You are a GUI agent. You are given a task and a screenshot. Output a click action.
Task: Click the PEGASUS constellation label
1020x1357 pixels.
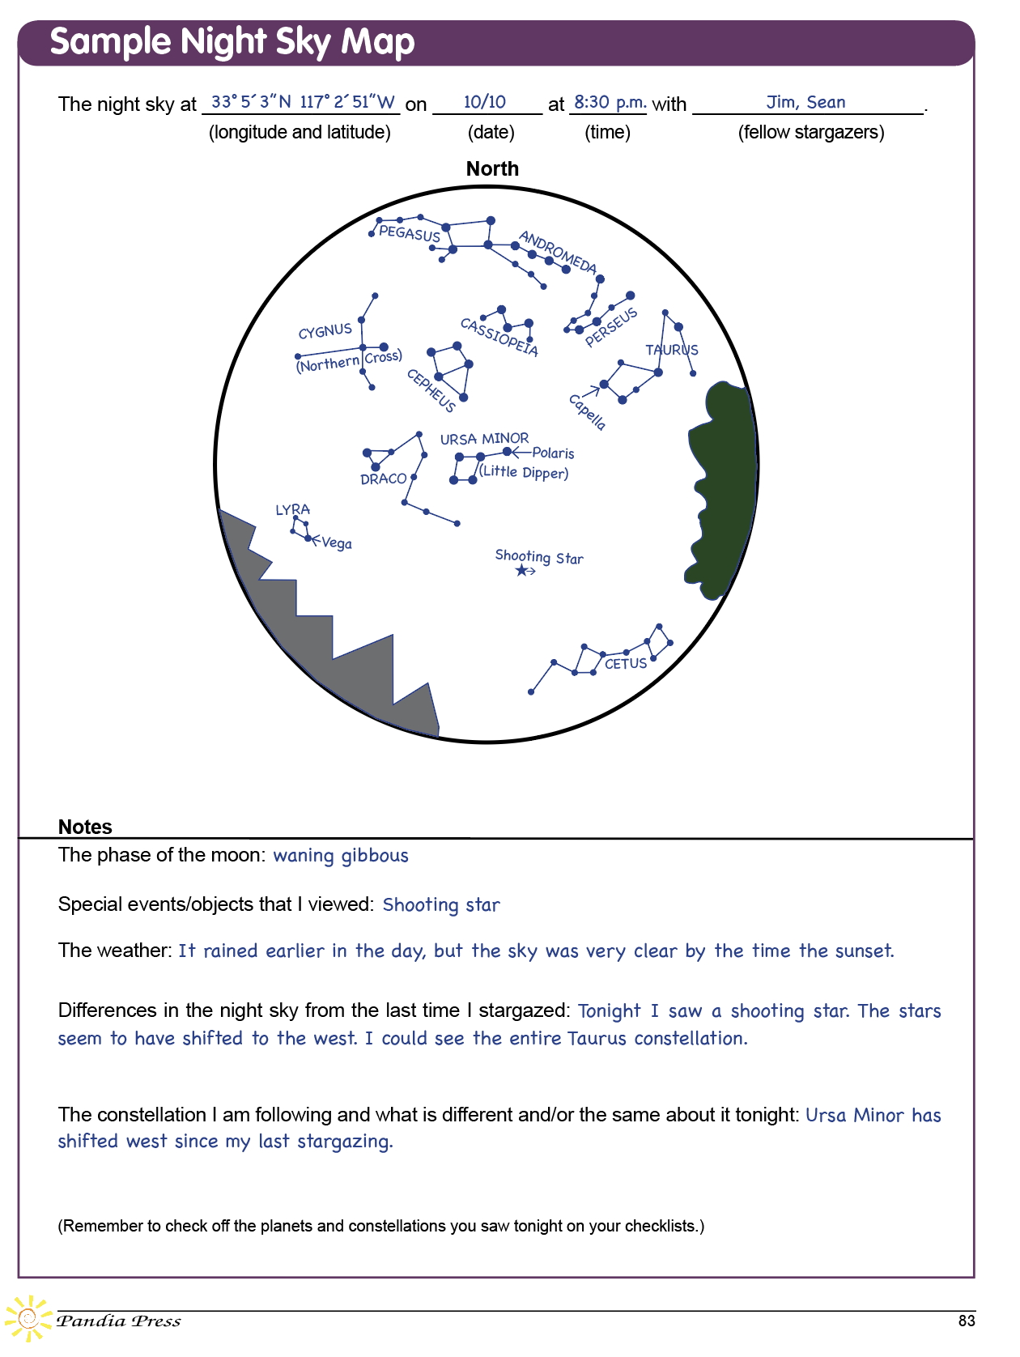(409, 234)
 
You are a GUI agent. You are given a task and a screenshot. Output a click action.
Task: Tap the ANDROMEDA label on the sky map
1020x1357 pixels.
(558, 252)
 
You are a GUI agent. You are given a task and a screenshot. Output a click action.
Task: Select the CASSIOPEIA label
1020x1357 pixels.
(499, 337)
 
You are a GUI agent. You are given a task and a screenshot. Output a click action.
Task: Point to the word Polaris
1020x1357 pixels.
(553, 453)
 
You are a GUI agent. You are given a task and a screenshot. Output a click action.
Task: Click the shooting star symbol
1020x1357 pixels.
(521, 571)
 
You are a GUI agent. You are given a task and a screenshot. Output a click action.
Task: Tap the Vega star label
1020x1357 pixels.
(337, 543)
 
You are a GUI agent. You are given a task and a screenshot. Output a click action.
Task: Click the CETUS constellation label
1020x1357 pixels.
(626, 664)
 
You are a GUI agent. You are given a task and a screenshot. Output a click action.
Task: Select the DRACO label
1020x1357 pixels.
(383, 479)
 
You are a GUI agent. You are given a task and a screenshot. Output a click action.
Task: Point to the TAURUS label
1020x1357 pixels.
(671, 350)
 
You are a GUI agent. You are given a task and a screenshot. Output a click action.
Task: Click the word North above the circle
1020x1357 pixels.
(492, 169)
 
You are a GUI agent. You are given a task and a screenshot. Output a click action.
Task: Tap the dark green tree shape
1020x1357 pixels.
(722, 486)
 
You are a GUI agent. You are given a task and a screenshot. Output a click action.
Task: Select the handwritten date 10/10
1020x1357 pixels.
(484, 102)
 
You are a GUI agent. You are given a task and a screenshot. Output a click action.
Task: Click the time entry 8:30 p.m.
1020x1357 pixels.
(610, 102)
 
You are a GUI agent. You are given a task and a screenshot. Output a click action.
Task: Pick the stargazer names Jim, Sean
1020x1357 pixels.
(805, 102)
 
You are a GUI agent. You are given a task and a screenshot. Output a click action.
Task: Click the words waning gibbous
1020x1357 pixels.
(340, 856)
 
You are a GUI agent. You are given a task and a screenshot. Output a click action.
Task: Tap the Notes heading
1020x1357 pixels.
(85, 827)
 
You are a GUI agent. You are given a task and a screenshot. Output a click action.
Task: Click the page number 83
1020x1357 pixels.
(967, 1321)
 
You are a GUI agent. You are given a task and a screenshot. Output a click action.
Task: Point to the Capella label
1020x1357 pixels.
(587, 412)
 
